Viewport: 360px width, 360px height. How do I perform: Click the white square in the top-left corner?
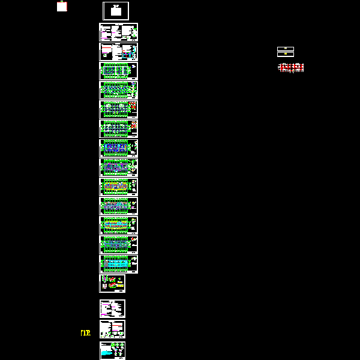coord(62,7)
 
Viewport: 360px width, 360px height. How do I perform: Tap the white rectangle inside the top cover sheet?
coord(116,11)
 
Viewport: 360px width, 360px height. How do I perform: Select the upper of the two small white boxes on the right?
coord(285,49)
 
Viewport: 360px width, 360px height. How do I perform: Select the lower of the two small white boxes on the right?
coord(285,54)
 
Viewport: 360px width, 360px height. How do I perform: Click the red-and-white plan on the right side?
coord(291,67)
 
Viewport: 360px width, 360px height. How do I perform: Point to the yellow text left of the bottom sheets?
coord(86,332)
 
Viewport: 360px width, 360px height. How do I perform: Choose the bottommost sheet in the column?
coord(112,350)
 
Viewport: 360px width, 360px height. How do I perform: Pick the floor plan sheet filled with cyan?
coord(118,264)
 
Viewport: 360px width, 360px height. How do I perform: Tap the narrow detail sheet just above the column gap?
coord(112,283)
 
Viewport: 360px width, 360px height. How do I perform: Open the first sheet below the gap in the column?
coord(112,308)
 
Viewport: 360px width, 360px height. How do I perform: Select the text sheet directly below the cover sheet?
coord(118,32)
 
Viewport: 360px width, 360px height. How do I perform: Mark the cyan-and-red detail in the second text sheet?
coord(126,54)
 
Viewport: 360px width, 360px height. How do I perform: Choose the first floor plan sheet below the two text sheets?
coord(118,71)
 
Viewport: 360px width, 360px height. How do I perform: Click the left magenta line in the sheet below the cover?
coord(106,33)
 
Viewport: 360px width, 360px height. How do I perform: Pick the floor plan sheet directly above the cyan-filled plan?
coord(118,245)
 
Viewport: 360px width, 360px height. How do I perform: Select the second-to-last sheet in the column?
coord(112,329)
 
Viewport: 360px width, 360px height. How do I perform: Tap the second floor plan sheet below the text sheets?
coord(118,90)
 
